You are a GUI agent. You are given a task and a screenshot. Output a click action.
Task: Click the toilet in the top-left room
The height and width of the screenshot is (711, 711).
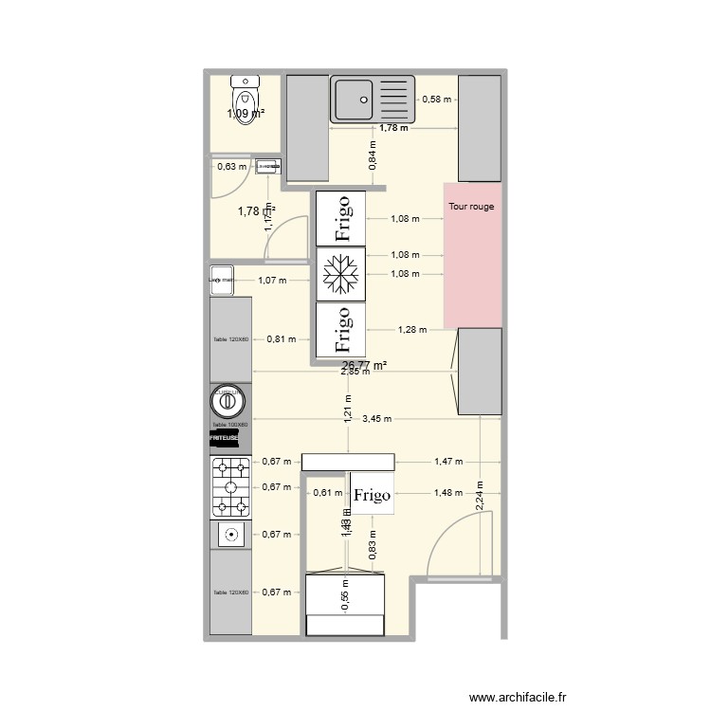[245, 96]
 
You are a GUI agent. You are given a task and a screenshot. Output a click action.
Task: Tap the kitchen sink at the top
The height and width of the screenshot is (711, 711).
[373, 100]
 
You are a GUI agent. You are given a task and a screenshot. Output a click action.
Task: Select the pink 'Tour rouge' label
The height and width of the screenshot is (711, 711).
[471, 206]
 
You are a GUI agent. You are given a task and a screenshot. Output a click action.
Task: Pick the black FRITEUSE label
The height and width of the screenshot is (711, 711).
[225, 439]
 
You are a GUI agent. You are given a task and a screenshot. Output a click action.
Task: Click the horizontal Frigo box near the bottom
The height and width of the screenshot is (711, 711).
[373, 494]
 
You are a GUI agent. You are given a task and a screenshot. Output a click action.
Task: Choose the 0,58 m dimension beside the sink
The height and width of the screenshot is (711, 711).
[437, 99]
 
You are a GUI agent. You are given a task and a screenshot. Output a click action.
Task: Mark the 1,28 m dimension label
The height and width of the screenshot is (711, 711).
[411, 330]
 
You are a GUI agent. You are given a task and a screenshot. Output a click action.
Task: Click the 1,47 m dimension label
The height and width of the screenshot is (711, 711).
[448, 462]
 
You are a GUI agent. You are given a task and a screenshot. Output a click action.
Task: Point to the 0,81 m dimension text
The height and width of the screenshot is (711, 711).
[282, 338]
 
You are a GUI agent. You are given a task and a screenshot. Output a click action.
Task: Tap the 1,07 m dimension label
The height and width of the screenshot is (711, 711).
[272, 280]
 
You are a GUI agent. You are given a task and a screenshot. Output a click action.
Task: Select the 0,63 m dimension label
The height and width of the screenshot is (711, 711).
[231, 167]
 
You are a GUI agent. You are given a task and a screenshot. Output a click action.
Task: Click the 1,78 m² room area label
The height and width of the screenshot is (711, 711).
[257, 210]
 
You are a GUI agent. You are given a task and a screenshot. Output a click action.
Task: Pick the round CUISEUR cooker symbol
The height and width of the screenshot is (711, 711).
[228, 403]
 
